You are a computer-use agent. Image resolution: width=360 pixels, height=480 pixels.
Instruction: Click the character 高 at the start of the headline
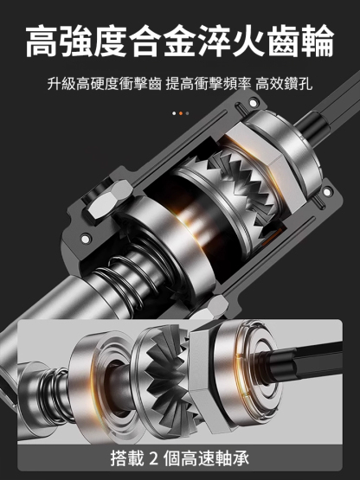click(x=42, y=42)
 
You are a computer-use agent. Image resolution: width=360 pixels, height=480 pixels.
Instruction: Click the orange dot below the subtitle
click(x=180, y=113)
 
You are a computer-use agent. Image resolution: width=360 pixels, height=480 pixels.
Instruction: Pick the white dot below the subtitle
click(x=173, y=113)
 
